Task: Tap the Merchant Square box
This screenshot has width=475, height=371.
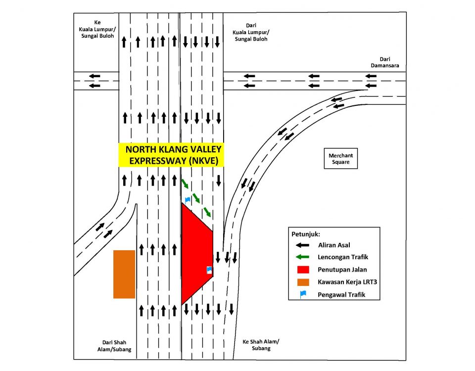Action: click(x=340, y=158)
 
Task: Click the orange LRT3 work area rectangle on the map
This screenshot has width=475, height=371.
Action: click(x=124, y=274)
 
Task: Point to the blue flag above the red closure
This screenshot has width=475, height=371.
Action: click(x=188, y=199)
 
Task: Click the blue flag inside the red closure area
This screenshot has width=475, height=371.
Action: click(x=209, y=270)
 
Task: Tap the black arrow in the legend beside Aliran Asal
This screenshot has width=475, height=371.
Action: click(x=303, y=245)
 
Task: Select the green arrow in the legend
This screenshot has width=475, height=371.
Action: click(x=303, y=257)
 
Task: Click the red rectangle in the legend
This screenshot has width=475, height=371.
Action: click(x=303, y=270)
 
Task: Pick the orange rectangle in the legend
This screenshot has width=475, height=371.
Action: click(x=303, y=282)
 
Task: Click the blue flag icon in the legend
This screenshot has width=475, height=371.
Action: click(x=303, y=294)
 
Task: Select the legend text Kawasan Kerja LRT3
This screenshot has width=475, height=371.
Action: click(x=348, y=282)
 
